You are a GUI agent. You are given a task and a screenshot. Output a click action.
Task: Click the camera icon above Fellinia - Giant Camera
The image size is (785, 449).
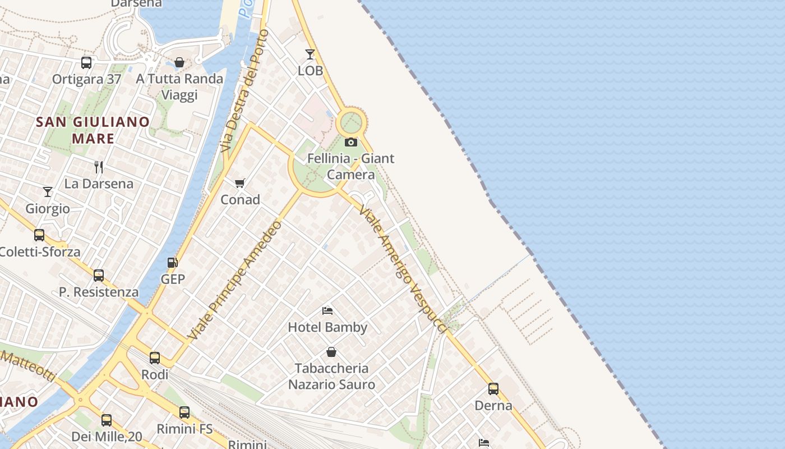click(x=351, y=142)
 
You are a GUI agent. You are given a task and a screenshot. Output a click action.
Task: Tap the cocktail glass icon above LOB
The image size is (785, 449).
click(x=310, y=54)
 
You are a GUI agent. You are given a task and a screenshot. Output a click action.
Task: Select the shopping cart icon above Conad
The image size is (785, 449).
click(x=240, y=183)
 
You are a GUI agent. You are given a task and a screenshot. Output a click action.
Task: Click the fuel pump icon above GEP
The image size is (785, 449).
click(x=173, y=262)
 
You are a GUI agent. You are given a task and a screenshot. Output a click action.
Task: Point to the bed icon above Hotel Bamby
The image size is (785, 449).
click(x=327, y=310)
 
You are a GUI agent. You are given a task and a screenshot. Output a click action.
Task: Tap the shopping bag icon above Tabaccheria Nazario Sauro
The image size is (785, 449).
click(x=331, y=352)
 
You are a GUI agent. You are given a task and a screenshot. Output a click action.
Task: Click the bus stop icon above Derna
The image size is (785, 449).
click(x=493, y=388)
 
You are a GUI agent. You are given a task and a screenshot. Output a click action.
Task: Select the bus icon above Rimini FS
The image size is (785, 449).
click(x=184, y=413)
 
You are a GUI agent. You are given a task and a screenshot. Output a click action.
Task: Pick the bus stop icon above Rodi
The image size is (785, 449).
click(x=155, y=358)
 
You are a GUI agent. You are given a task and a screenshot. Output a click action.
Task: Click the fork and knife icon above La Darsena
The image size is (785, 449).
click(x=99, y=167)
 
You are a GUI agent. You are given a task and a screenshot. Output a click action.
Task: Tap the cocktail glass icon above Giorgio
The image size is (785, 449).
click(x=48, y=192)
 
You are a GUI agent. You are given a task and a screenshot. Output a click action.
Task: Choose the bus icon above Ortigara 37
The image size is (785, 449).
click(x=86, y=62)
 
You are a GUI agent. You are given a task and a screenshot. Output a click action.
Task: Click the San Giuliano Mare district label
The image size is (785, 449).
click(x=93, y=130)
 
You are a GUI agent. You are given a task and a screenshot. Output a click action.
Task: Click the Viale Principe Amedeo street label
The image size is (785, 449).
click(x=235, y=281)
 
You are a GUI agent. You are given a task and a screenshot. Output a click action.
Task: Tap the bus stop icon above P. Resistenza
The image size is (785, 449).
click(x=99, y=276)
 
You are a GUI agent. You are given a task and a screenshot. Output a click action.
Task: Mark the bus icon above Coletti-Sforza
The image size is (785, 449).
click(x=39, y=235)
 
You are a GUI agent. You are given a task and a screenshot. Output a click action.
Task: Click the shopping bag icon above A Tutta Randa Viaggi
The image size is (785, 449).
click(x=179, y=62)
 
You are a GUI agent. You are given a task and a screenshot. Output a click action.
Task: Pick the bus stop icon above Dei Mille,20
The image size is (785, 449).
click(x=107, y=420)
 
